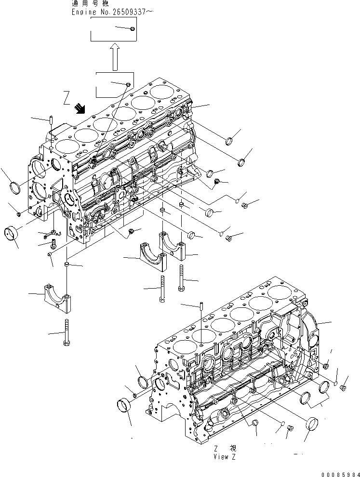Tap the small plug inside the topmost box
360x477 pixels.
tap(133, 30)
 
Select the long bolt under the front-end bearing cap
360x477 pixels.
tap(66, 332)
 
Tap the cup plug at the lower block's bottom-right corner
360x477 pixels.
tap(313, 422)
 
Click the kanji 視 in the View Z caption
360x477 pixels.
tap(233, 448)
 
